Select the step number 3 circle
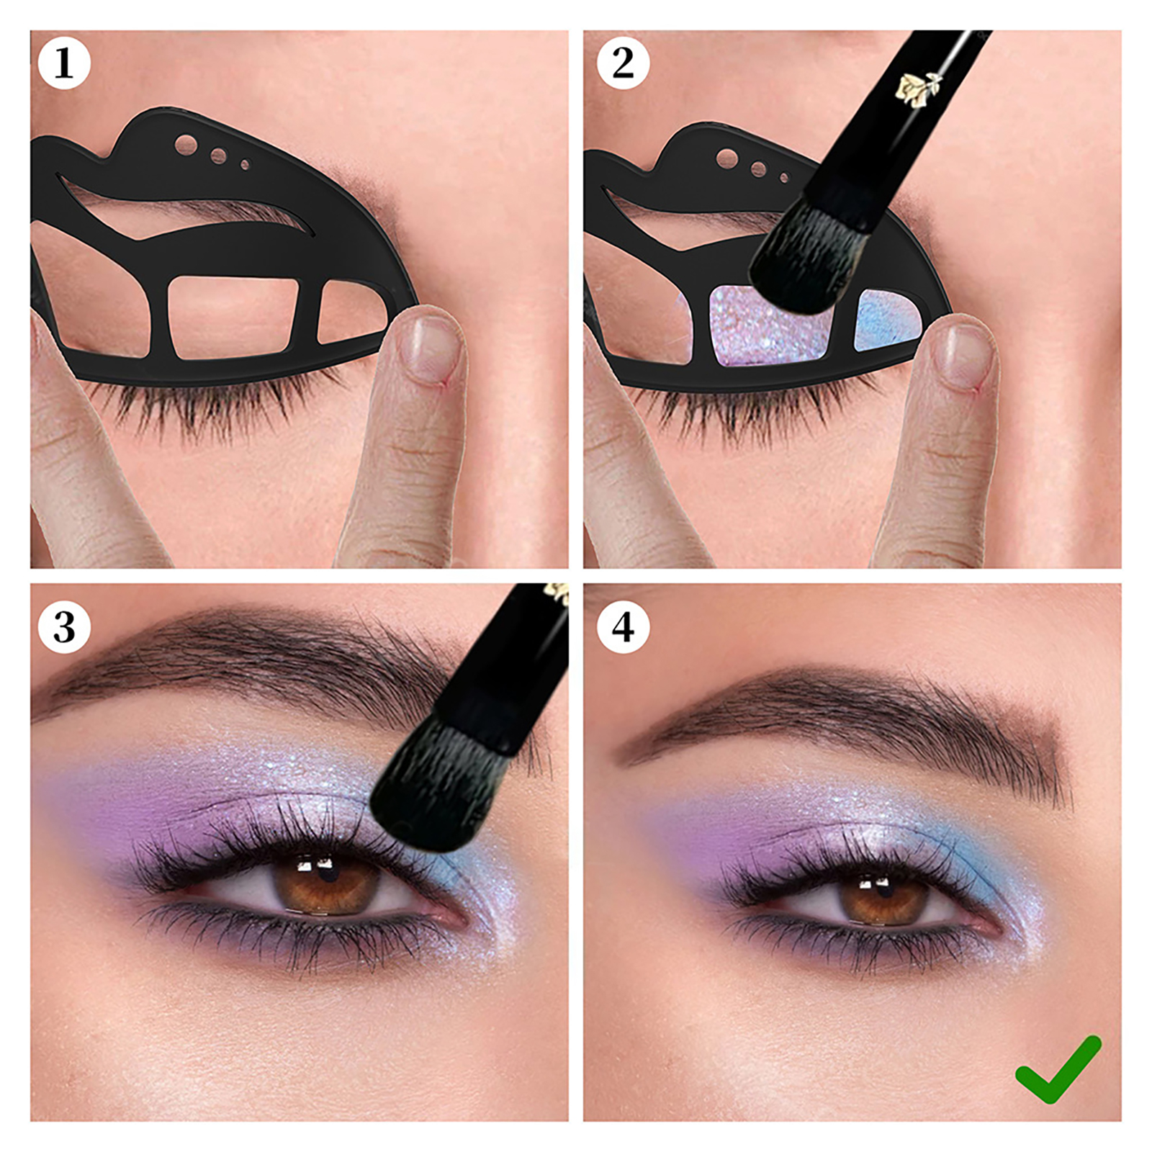click(64, 627)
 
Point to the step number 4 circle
click(623, 627)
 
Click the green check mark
click(1058, 1070)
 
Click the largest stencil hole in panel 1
click(186, 144)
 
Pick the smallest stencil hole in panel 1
click(245, 166)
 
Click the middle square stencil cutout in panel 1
click(233, 318)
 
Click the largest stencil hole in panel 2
click(726, 158)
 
